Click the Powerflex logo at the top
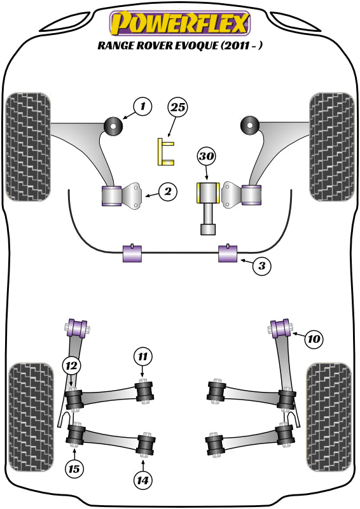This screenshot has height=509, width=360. (x=180, y=23)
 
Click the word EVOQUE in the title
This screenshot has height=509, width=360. (x=197, y=45)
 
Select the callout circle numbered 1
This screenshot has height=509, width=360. (x=143, y=106)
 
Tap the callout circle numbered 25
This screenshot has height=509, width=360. (x=178, y=107)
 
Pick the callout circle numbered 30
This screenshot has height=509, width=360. (x=207, y=157)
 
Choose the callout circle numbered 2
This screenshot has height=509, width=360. (x=168, y=192)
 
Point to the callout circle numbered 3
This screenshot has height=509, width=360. (x=261, y=266)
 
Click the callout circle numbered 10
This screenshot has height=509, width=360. (x=314, y=339)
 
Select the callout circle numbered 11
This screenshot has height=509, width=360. (x=143, y=356)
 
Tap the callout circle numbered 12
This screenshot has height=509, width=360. (x=71, y=366)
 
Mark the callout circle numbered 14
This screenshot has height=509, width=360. (x=143, y=480)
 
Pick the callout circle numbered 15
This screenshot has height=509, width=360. (x=74, y=469)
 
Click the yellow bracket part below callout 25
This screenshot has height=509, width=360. (x=164, y=152)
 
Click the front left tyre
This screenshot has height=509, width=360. (x=28, y=147)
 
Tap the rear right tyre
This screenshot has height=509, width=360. (x=329, y=417)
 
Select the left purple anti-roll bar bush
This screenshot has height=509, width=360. (x=132, y=253)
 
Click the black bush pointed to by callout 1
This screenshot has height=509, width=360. (x=113, y=127)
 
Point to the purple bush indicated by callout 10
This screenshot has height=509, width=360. (x=280, y=329)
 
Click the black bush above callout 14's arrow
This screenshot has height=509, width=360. (x=146, y=444)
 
